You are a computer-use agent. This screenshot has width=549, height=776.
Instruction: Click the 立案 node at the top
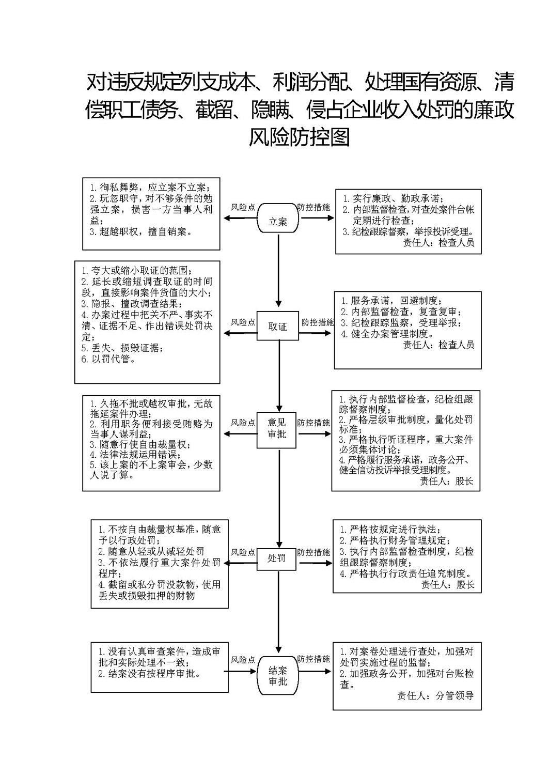pyautogui.click(x=278, y=218)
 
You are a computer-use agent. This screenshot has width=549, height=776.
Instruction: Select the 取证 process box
pyautogui.click(x=277, y=325)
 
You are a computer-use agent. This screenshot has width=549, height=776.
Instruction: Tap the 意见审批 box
pyautogui.click(x=276, y=430)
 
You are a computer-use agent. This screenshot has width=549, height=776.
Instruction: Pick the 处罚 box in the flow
pyautogui.click(x=276, y=559)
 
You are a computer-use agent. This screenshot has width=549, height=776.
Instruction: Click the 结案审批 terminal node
pyautogui.click(x=278, y=675)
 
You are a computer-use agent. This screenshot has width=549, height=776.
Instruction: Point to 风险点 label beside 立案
pyautogui.click(x=243, y=207)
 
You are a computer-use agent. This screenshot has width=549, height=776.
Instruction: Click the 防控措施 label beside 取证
pyautogui.click(x=317, y=322)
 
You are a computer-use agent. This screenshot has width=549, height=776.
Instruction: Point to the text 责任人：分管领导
pyautogui.click(x=435, y=695)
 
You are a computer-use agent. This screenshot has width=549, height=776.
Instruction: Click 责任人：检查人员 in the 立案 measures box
pyautogui.click(x=438, y=242)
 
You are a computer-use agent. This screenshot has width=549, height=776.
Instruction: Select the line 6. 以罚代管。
pyautogui.click(x=108, y=359)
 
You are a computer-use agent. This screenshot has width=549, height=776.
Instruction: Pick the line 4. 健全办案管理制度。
pyautogui.click(x=387, y=334)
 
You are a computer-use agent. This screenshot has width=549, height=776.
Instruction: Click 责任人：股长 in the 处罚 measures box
pyautogui.click(x=447, y=585)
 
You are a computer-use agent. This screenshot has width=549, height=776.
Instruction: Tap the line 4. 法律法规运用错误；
pyautogui.click(x=135, y=455)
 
